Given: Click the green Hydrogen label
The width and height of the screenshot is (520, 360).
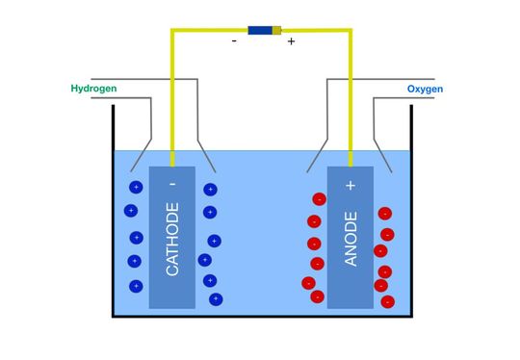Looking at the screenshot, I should click(x=93, y=90).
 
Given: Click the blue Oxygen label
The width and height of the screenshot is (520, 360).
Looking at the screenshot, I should click(x=426, y=90).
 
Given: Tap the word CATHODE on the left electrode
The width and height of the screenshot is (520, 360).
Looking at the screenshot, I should click(x=172, y=240).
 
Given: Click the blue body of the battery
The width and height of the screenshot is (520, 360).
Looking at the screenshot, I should click(x=260, y=30).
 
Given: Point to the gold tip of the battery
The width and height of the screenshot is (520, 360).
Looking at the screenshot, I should click(x=278, y=30).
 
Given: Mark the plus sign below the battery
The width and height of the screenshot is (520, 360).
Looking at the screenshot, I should click(x=291, y=42).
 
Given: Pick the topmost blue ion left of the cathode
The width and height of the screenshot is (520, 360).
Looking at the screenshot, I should click(x=135, y=187).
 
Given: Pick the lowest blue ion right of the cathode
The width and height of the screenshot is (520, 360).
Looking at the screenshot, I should click(x=215, y=299).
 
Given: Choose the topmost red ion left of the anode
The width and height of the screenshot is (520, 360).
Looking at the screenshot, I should click(x=319, y=199).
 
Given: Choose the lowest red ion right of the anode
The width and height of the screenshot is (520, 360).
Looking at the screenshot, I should click(x=387, y=301).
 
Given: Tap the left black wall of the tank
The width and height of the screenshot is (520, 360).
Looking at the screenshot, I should click(x=113, y=212).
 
